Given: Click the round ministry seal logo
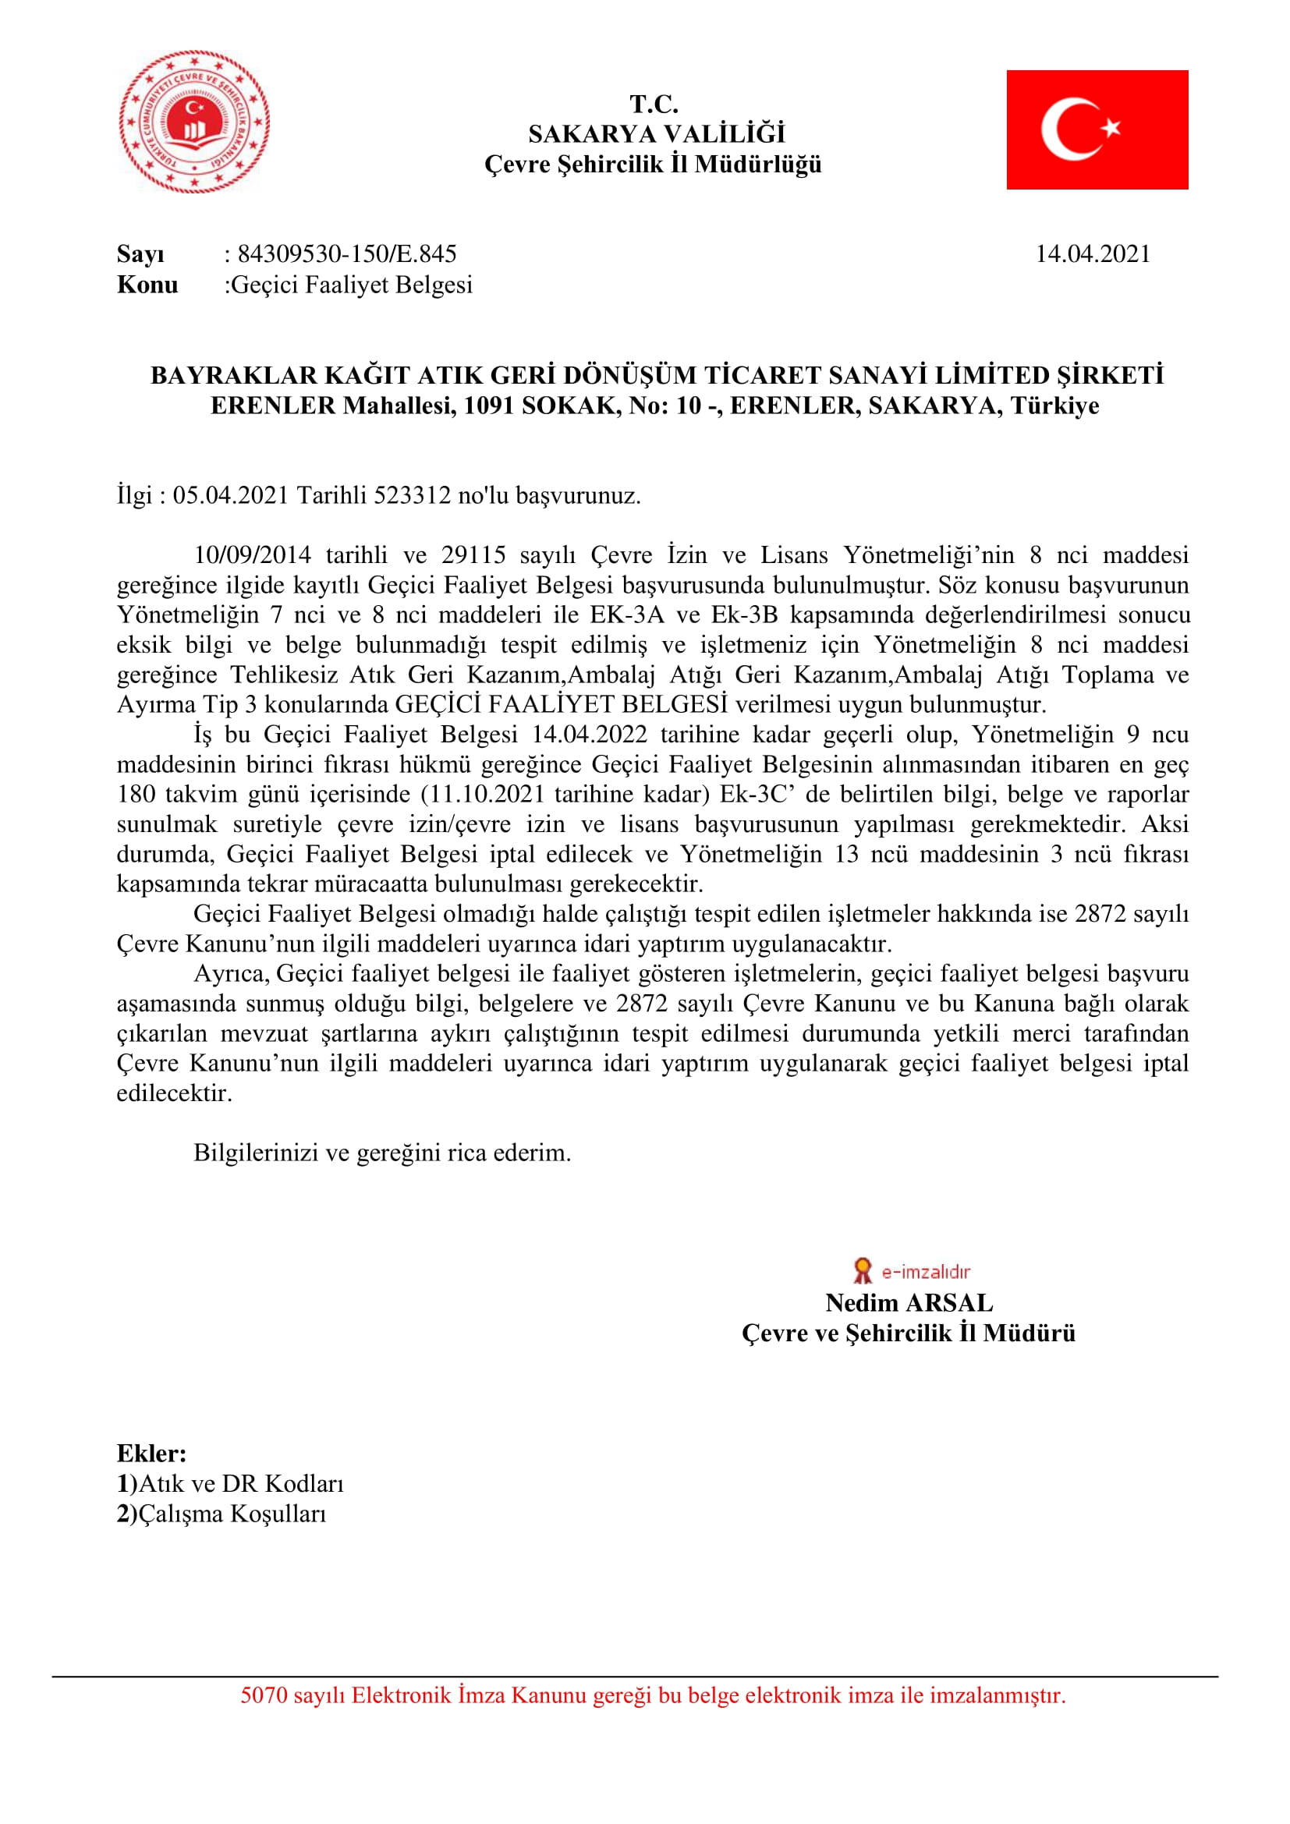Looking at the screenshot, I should pos(195,122).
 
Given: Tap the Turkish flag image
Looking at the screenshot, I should pos(1097,129).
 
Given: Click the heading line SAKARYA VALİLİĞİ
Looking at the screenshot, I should pos(656,133).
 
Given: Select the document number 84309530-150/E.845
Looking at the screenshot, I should pos(347,253).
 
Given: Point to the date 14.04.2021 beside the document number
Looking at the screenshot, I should pos(1092,253).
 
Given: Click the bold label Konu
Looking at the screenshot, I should pos(147,285).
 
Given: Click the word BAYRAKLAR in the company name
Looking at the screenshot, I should pos(223,375).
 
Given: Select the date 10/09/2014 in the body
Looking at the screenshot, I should pos(252,554).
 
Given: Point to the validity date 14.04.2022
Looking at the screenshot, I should pos(589,734).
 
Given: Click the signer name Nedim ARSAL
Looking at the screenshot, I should pos(909,1303).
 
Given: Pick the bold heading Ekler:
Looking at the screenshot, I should pos(152,1454).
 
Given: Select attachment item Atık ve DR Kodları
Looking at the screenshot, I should pos(241,1484).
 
